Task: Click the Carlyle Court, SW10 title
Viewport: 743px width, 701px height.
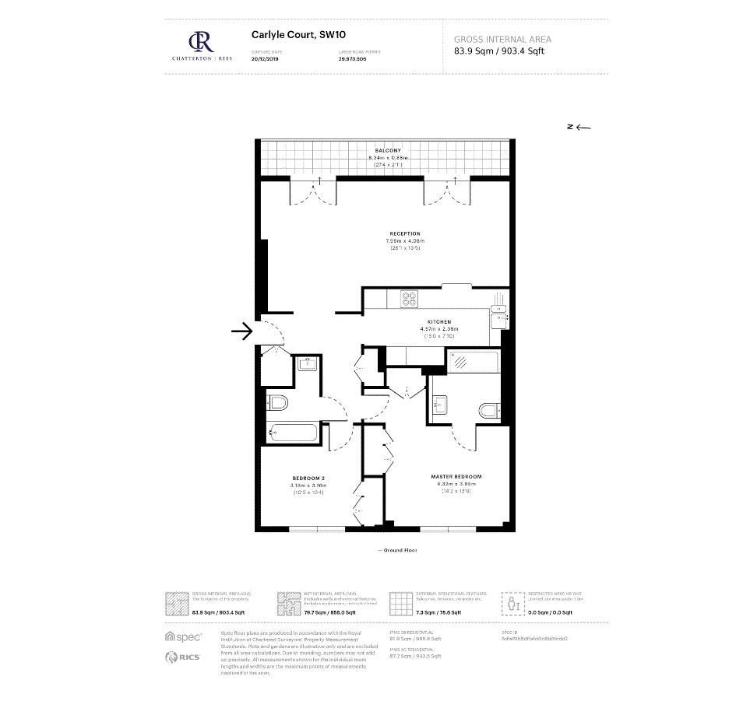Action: pyautogui.click(x=285, y=34)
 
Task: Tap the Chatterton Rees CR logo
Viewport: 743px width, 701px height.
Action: pyautogui.click(x=200, y=40)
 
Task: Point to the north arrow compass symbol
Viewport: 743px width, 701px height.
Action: pyautogui.click(x=579, y=128)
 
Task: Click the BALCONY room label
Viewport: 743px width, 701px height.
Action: pyautogui.click(x=387, y=150)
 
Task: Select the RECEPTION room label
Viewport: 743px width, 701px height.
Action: pyautogui.click(x=405, y=233)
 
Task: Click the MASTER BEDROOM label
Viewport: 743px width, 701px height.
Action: pyautogui.click(x=456, y=476)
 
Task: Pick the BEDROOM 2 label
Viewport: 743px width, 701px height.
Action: pyautogui.click(x=308, y=478)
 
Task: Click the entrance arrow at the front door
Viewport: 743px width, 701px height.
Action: pyautogui.click(x=242, y=331)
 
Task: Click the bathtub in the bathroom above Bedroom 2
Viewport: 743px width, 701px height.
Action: pyautogui.click(x=292, y=433)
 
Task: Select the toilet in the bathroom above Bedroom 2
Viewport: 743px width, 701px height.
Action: pyautogui.click(x=276, y=402)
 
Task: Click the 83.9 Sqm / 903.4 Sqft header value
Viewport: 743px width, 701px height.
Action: pyautogui.click(x=499, y=52)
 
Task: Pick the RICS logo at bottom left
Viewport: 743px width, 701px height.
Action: pyautogui.click(x=183, y=657)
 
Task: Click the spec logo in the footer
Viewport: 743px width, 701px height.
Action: pyautogui.click(x=183, y=636)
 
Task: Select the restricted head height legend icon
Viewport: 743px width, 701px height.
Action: pyautogui.click(x=512, y=603)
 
